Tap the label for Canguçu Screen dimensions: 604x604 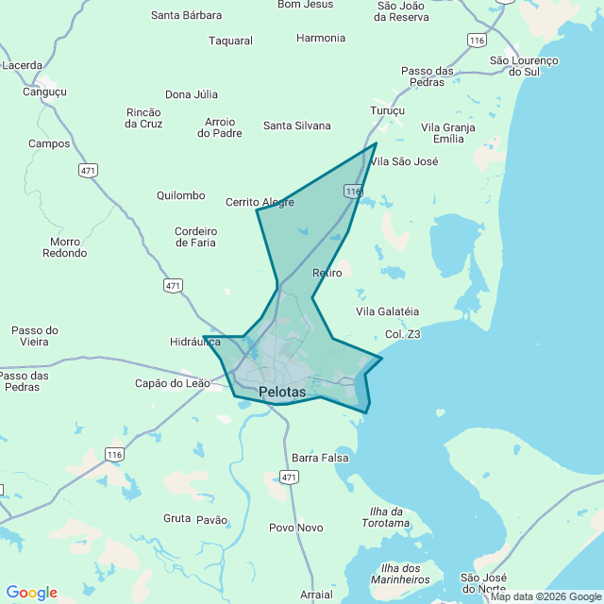(x=44, y=92)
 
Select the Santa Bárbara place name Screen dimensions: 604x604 (x=187, y=15)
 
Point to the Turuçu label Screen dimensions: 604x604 (x=387, y=110)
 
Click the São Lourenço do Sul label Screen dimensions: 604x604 (x=525, y=66)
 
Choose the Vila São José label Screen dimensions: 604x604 (x=404, y=161)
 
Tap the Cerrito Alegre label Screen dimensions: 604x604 (x=260, y=202)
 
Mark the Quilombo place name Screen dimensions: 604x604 (x=180, y=195)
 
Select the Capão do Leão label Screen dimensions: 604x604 (x=174, y=383)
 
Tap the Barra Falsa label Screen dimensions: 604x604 (x=320, y=458)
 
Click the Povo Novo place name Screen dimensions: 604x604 (x=295, y=528)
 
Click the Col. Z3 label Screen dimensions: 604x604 (x=403, y=334)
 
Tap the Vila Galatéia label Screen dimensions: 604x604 (x=387, y=311)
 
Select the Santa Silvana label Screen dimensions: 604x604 (x=297, y=126)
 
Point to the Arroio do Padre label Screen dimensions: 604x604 (x=220, y=127)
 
